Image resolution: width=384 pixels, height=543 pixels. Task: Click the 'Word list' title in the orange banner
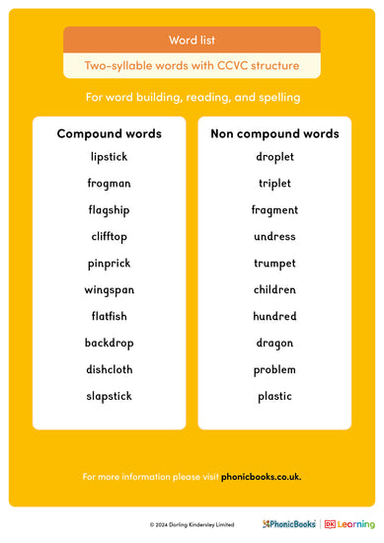(x=192, y=40)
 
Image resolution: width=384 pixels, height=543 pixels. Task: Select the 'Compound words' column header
(x=109, y=133)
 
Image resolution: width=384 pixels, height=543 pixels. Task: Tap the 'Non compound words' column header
(x=274, y=133)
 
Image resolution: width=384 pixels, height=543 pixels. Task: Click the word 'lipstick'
(x=109, y=157)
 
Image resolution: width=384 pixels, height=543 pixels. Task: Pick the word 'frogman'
(x=109, y=184)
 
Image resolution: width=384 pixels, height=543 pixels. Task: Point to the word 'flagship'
(x=109, y=210)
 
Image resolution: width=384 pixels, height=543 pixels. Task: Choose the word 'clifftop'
(x=109, y=237)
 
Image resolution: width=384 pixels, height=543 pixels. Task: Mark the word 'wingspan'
(x=109, y=290)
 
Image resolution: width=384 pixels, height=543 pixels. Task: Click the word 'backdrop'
(x=109, y=344)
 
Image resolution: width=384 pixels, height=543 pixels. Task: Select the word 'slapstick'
(x=109, y=396)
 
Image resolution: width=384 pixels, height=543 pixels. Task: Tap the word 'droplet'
(x=274, y=157)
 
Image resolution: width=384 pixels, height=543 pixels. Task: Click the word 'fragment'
(x=274, y=210)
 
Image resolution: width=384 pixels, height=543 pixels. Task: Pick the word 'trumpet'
(x=274, y=264)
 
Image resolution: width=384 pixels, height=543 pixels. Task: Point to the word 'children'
(x=274, y=290)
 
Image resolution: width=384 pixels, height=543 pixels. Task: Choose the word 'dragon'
(x=274, y=344)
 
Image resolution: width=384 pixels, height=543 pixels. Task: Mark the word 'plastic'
(x=274, y=396)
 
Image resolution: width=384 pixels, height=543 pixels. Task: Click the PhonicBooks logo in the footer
(x=289, y=524)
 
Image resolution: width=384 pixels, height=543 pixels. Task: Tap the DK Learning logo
(x=349, y=524)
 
